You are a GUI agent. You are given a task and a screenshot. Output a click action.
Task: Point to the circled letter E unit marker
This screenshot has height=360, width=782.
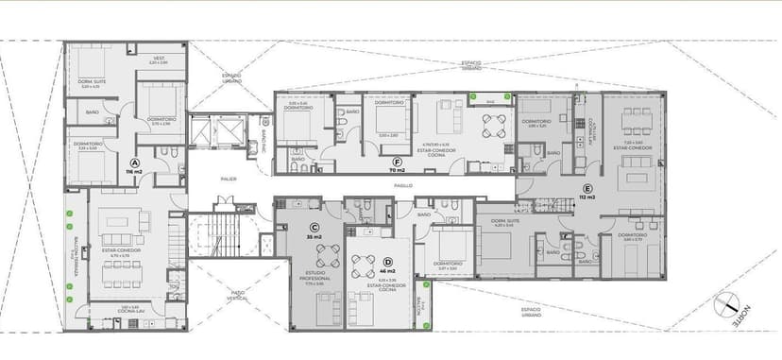pyautogui.click(x=587, y=187)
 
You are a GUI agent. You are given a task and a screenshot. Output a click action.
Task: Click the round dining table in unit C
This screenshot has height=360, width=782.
pyautogui.click(x=327, y=254)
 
